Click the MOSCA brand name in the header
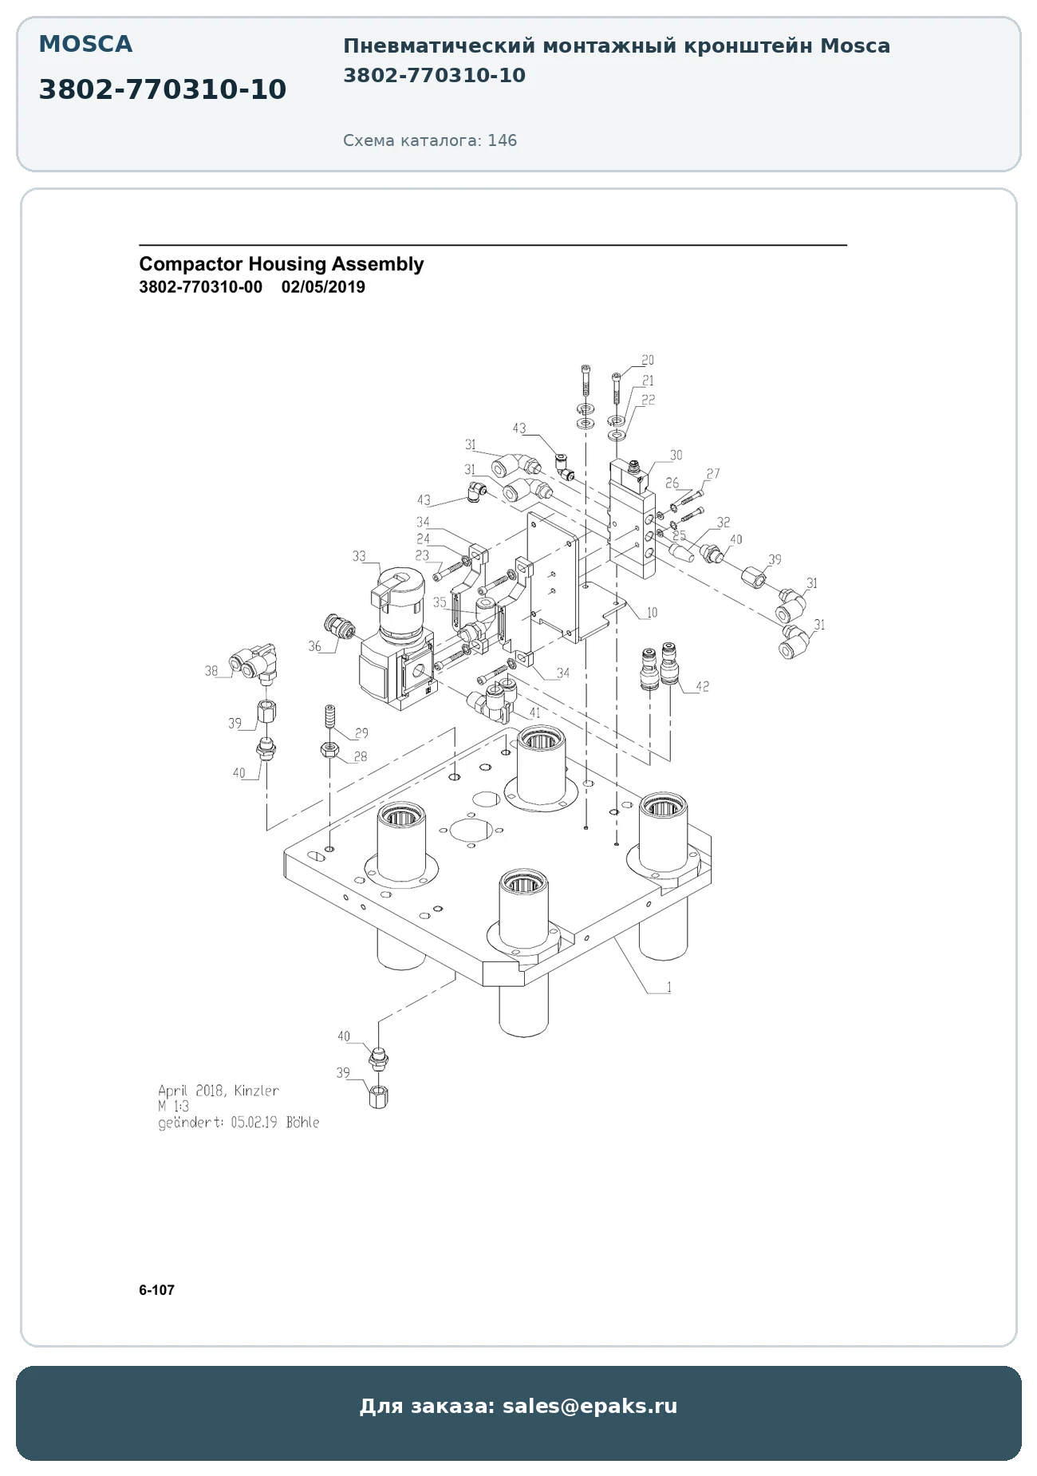click(x=85, y=45)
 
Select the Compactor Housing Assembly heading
click(x=281, y=264)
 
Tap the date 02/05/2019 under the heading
click(x=323, y=287)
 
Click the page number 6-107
click(x=156, y=1290)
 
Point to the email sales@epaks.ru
click(x=589, y=1406)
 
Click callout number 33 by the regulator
click(x=360, y=556)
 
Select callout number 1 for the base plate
click(x=668, y=987)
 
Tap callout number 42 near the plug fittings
click(x=702, y=686)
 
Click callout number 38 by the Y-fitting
click(x=211, y=671)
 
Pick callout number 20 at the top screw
click(x=648, y=361)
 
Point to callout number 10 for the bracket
click(x=652, y=613)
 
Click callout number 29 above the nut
click(x=361, y=733)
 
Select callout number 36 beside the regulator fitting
click(x=315, y=646)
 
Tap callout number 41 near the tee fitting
click(x=534, y=712)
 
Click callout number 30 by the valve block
click(x=676, y=456)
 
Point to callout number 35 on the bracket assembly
click(x=440, y=602)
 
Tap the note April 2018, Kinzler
click(x=219, y=1091)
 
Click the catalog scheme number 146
click(x=502, y=140)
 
